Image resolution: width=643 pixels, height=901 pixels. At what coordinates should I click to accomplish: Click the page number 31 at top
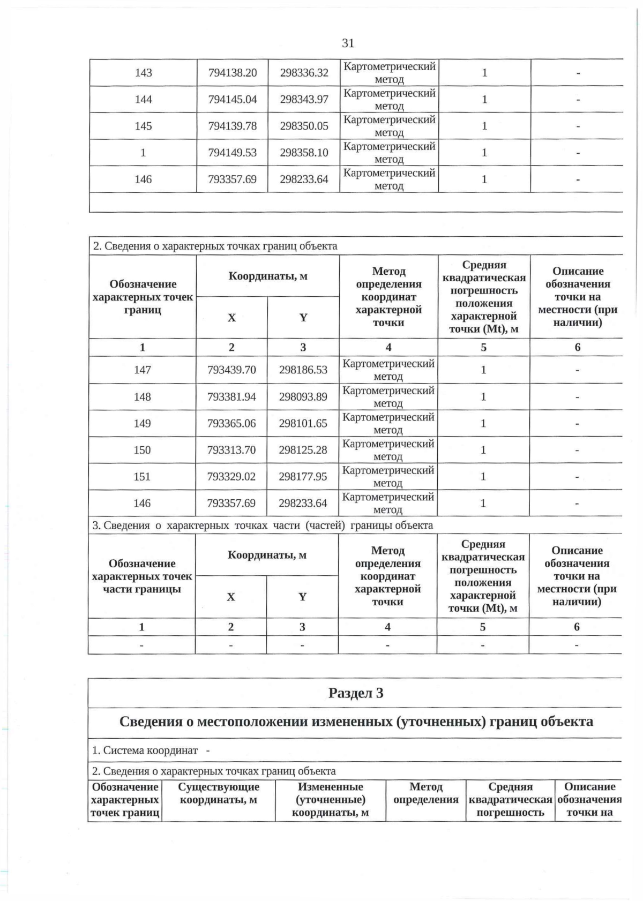pos(348,43)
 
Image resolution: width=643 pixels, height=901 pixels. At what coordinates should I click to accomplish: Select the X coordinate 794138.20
pos(233,73)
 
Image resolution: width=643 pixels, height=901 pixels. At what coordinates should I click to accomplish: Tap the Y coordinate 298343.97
pos(304,100)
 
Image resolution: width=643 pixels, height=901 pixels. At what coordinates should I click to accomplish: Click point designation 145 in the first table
pos(143,126)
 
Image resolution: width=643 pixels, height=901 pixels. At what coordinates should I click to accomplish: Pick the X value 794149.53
pos(233,153)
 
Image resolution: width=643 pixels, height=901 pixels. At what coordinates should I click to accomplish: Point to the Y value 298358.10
pos(304,153)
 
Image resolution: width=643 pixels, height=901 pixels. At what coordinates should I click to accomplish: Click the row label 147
pos(143,370)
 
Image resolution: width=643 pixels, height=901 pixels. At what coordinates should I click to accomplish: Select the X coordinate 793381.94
pos(231,397)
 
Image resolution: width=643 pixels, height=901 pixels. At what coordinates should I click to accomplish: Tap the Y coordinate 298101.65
pos(303,424)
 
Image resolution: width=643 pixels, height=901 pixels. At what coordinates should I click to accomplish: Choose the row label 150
pos(142,450)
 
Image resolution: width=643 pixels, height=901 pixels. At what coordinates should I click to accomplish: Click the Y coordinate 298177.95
pos(303,477)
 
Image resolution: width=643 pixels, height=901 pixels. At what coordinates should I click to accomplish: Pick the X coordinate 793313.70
pos(231,450)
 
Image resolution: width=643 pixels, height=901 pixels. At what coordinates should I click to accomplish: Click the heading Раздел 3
pos(356,693)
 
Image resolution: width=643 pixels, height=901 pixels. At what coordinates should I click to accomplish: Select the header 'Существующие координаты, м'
pos(218,793)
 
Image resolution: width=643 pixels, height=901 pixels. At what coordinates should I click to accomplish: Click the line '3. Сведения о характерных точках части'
pos(263,525)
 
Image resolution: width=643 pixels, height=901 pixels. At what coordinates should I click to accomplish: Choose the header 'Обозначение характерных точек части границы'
pos(142,576)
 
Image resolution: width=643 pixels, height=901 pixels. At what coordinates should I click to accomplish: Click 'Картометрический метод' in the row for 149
pos(388,424)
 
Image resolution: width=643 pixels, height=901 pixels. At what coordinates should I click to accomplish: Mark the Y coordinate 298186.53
pos(303,370)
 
